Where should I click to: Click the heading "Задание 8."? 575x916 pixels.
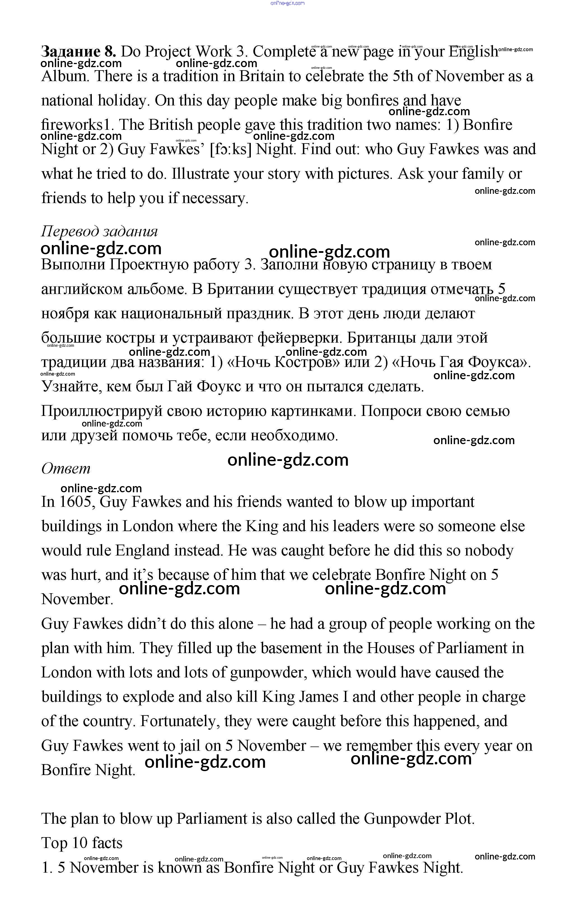point(78,51)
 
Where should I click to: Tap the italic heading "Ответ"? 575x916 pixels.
point(66,468)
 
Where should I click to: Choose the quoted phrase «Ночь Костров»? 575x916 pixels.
point(283,362)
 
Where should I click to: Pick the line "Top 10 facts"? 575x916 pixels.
point(82,843)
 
